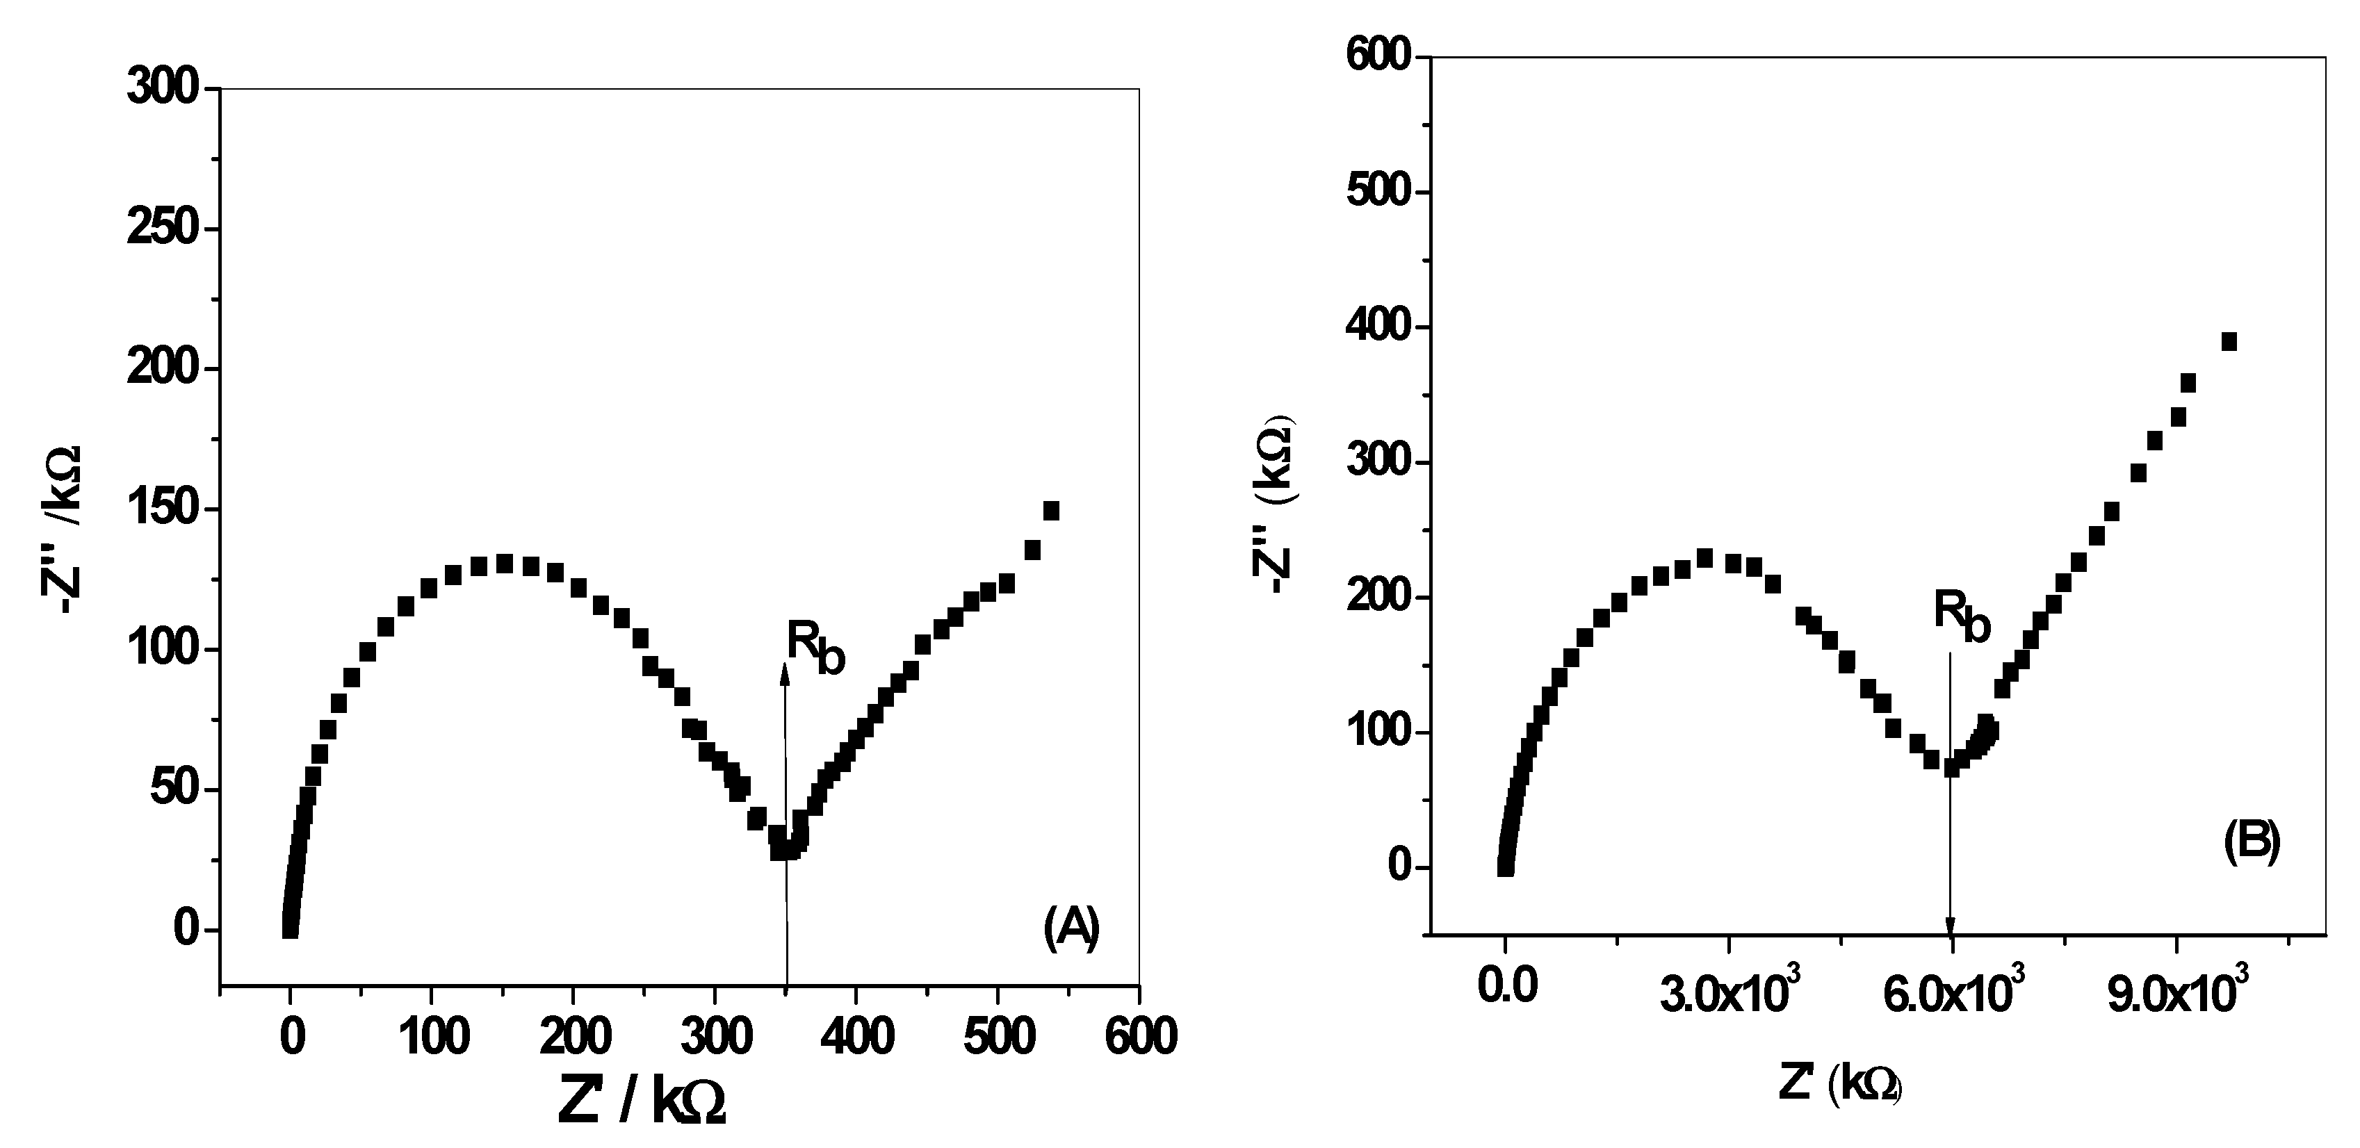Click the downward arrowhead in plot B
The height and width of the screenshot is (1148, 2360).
click(x=1950, y=926)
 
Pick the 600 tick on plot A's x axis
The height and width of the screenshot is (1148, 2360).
click(x=1139, y=1036)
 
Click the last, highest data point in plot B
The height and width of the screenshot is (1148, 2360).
click(x=2229, y=342)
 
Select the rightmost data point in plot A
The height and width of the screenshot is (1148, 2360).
click(x=1051, y=510)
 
